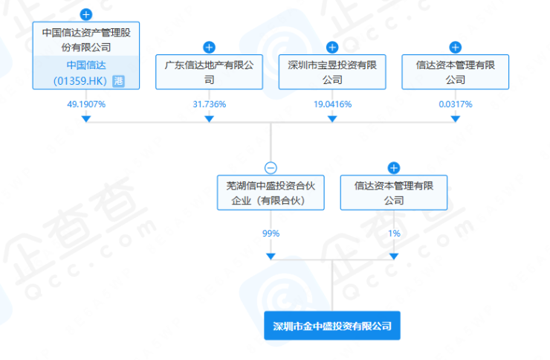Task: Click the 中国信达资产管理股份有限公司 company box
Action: (x=86, y=39)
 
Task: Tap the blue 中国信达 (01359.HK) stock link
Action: (x=80, y=71)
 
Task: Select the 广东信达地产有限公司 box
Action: (x=209, y=72)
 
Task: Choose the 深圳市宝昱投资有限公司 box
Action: (x=332, y=72)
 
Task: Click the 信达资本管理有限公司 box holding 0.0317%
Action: (x=456, y=72)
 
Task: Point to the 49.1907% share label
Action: (x=86, y=104)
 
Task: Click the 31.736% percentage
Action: (x=209, y=104)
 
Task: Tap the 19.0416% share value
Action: (x=332, y=104)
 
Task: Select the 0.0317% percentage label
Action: (x=456, y=104)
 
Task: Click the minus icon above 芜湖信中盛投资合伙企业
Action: (x=271, y=168)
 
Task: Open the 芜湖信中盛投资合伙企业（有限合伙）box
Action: (x=271, y=192)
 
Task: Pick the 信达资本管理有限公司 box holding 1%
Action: (x=394, y=192)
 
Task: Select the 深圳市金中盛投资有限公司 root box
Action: (x=332, y=326)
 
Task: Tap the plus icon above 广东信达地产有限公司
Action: (x=209, y=48)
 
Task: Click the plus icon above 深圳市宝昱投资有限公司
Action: (x=332, y=48)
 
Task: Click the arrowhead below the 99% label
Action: (x=271, y=256)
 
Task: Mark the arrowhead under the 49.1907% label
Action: (x=86, y=119)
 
